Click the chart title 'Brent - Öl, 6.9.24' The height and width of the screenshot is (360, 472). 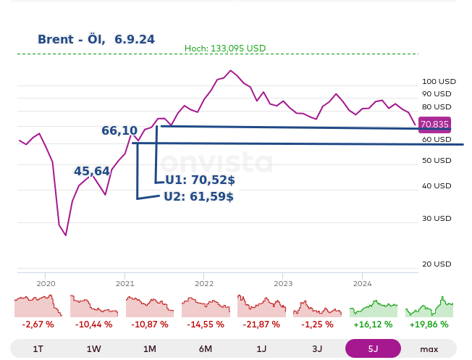96,39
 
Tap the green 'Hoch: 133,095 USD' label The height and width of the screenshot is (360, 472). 225,49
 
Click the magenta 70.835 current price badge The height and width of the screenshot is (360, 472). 434,124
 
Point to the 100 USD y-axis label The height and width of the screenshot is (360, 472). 439,81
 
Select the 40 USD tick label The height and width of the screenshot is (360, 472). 437,185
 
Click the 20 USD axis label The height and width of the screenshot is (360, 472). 437,264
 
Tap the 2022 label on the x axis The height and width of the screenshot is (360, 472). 204,283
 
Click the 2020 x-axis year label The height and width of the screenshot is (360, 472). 45,283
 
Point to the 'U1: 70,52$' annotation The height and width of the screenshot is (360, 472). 196,181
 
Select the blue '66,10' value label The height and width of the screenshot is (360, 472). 119,131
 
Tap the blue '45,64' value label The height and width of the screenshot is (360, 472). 92,172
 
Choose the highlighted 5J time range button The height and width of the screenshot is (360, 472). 373,348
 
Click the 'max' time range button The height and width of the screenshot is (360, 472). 429,348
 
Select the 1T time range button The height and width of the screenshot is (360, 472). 38,348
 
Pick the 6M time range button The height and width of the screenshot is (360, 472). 206,348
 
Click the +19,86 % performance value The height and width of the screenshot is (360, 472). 429,325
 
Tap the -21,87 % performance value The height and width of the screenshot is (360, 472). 261,325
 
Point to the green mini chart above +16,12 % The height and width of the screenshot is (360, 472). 374,307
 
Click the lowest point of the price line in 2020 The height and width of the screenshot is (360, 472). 65,235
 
